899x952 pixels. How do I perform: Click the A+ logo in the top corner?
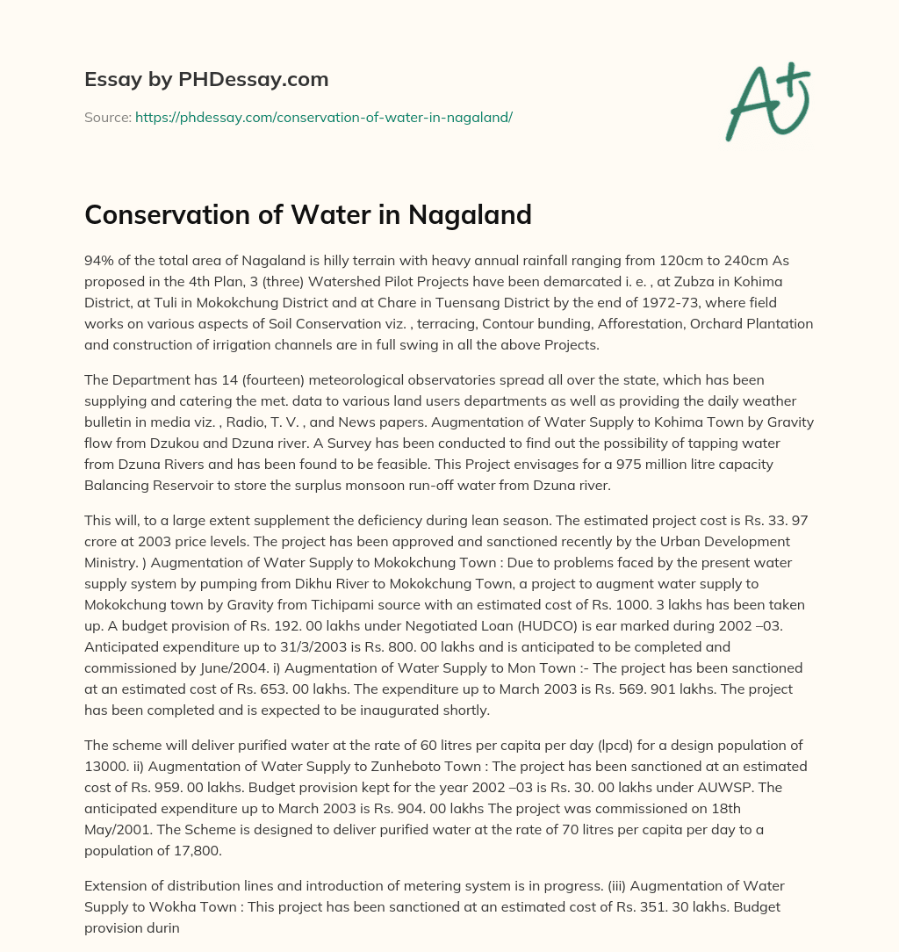766,103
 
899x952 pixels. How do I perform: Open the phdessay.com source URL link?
323,117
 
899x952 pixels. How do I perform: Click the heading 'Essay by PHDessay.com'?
206,80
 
